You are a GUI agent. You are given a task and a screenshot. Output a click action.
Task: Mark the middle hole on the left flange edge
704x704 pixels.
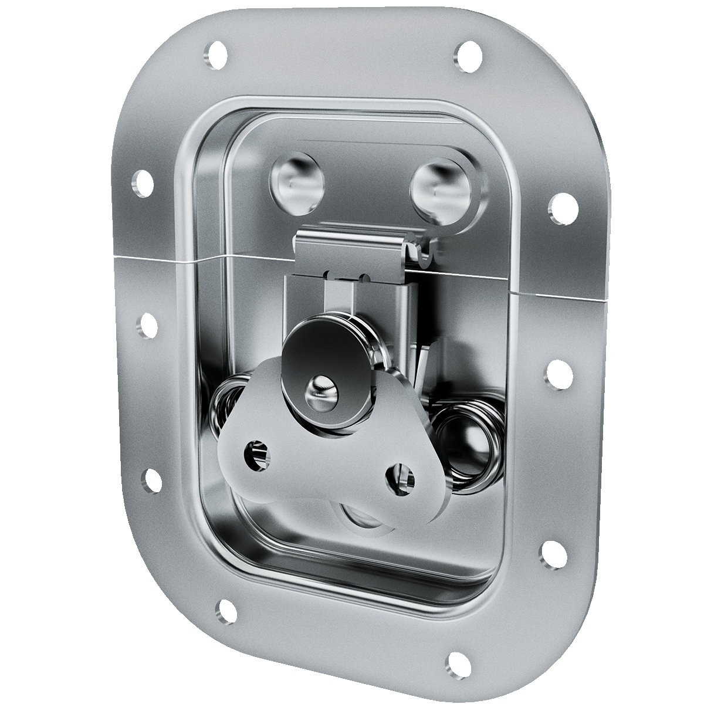point(148,324)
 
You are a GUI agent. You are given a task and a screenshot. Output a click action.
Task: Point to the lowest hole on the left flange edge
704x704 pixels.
point(151,480)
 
